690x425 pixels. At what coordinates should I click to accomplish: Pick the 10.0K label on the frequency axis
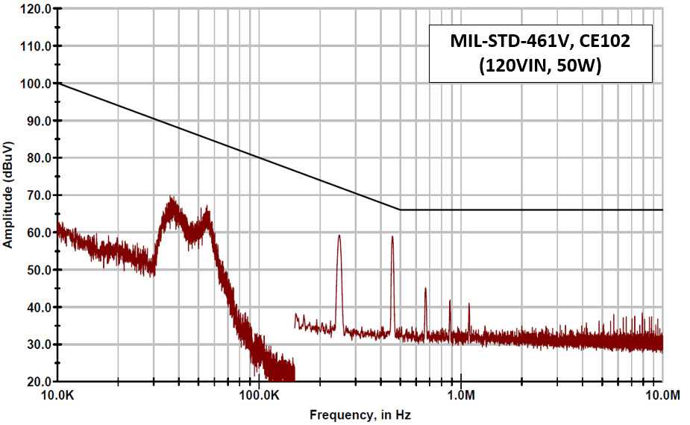coord(58,394)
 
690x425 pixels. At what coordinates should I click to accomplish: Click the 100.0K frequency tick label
coord(260,394)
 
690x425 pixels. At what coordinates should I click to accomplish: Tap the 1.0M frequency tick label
coord(462,394)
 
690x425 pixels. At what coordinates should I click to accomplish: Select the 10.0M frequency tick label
coord(662,394)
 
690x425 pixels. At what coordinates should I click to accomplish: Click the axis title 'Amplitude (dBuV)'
coord(9,195)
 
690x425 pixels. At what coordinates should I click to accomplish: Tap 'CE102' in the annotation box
coord(606,42)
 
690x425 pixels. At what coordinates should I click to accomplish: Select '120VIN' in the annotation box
coord(513,66)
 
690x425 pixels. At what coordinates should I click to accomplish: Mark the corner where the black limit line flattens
coord(400,210)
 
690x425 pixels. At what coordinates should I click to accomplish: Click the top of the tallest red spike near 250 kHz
coord(339,236)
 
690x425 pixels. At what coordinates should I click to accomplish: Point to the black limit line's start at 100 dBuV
coord(59,84)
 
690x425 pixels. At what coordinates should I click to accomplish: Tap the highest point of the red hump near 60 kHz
coord(207,210)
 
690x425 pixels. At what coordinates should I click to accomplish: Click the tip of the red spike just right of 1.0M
coord(468,303)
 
